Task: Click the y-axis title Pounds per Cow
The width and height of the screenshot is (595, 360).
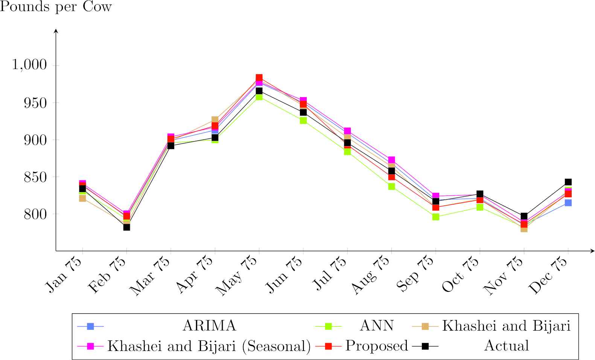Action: point(56,7)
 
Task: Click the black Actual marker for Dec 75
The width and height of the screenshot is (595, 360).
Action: point(568,182)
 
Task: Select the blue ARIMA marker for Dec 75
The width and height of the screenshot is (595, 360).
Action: point(568,203)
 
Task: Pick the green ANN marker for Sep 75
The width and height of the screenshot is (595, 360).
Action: point(435,217)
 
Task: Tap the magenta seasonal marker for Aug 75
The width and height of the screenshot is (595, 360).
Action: point(391,160)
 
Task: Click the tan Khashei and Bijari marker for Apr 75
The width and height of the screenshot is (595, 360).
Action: point(215,120)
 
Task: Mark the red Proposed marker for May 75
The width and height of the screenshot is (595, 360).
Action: point(259,78)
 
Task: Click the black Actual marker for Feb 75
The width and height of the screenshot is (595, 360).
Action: point(126,227)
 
